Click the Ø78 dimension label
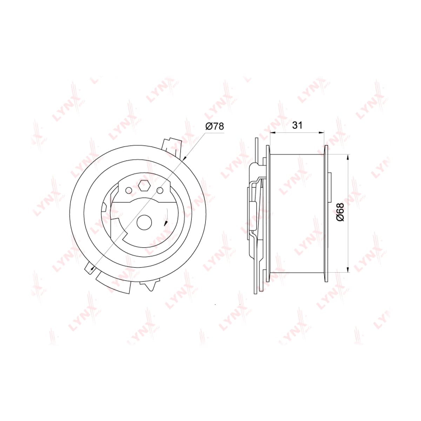click(215, 126)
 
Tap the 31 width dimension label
click(298, 125)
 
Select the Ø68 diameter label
click(340, 212)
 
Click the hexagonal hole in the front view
click(144, 186)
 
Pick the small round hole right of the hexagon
click(160, 191)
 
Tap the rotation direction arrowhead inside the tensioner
click(166, 223)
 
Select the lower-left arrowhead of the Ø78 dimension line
click(93, 269)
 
